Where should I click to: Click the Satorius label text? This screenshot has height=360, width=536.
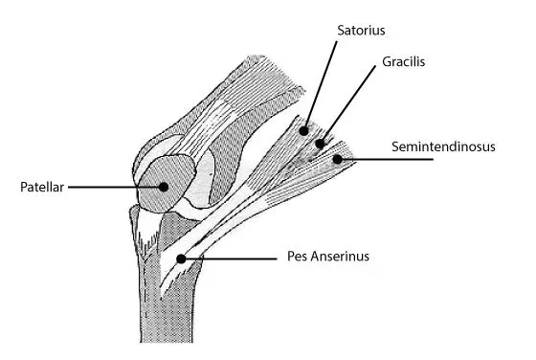[360, 30]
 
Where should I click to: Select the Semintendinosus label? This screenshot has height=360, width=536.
[443, 146]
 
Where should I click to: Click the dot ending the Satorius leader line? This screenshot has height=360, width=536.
[303, 129]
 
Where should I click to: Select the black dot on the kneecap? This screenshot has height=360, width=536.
[165, 187]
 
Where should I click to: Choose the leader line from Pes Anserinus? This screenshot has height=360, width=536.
[230, 257]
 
